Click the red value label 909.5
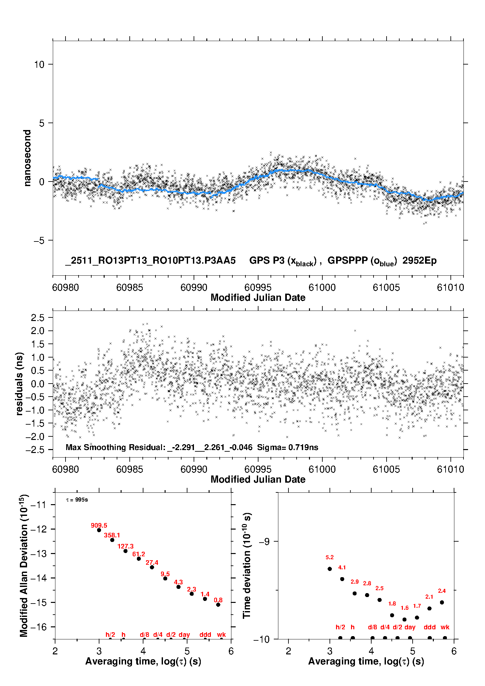[99, 525]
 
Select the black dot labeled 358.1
[112, 540]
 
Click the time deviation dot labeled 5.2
[330, 569]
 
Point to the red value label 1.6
[404, 608]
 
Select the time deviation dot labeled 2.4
[442, 602]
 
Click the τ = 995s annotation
[77, 500]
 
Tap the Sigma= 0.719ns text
[287, 447]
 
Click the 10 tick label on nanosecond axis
[39, 65]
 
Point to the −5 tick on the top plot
[39, 241]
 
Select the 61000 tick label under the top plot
[322, 287]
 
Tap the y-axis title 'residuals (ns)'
[20, 384]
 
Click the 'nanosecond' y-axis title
[27, 158]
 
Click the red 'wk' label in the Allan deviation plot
[221, 635]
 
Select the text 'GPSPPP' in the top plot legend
[347, 260]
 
